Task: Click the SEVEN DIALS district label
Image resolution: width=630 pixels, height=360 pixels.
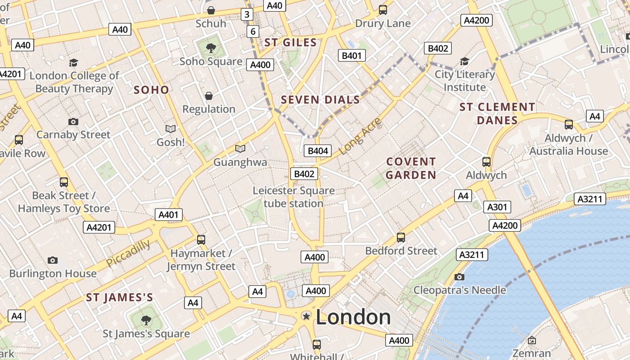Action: pyautogui.click(x=320, y=100)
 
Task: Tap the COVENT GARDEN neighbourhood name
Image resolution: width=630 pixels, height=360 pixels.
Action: pyautogui.click(x=411, y=168)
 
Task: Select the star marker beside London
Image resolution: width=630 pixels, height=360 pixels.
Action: pyautogui.click(x=306, y=316)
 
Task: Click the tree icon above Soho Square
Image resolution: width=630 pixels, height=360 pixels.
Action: pyautogui.click(x=211, y=48)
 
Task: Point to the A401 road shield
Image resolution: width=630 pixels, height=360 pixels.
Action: pyautogui.click(x=169, y=215)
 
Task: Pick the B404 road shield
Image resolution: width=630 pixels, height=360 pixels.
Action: pyautogui.click(x=318, y=151)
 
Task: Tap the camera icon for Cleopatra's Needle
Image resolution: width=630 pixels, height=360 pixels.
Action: pyautogui.click(x=459, y=277)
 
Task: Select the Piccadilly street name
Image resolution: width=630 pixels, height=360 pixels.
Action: pyautogui.click(x=128, y=253)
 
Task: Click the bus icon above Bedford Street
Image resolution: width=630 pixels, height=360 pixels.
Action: pyautogui.click(x=401, y=237)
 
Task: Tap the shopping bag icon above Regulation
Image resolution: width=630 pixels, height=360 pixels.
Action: pyautogui.click(x=209, y=96)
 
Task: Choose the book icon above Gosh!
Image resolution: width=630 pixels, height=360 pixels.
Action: pyautogui.click(x=171, y=129)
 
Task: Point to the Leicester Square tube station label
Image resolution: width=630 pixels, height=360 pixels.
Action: pyautogui.click(x=293, y=197)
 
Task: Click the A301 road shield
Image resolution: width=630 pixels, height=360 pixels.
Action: pyautogui.click(x=497, y=207)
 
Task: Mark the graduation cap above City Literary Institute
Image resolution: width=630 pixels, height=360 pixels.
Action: pyautogui.click(x=464, y=61)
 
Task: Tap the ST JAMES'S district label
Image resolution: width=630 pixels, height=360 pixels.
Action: pyautogui.click(x=119, y=297)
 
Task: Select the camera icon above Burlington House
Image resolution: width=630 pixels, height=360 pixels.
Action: pyautogui.click(x=53, y=260)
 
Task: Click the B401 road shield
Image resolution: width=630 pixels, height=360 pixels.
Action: pyautogui.click(x=352, y=55)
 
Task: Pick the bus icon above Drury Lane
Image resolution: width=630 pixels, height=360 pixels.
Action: pyautogui.click(x=383, y=10)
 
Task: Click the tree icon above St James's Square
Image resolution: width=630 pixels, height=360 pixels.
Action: pyautogui.click(x=146, y=320)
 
